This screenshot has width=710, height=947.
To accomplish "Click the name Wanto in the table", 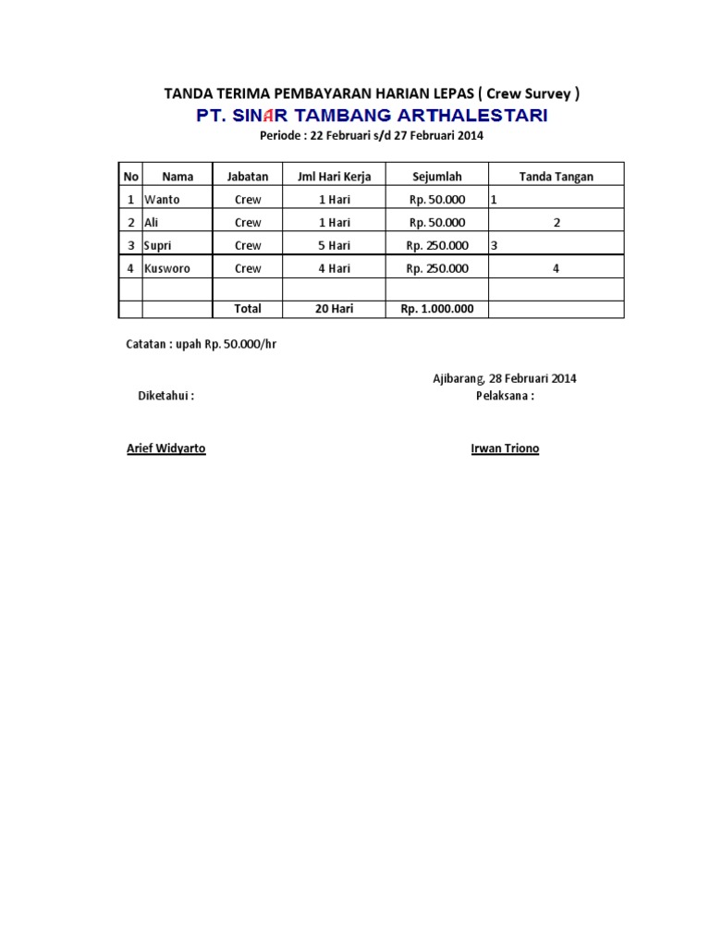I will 162,199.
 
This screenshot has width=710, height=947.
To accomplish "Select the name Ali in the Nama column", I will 152,222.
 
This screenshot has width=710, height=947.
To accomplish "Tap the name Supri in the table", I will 159,245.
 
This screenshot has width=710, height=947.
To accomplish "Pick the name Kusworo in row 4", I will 165,268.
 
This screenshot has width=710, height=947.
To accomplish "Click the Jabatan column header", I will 248,176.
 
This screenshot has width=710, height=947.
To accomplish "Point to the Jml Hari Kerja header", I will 334,176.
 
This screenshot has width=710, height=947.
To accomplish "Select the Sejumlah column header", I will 436,176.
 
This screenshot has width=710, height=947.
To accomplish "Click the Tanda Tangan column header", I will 557,176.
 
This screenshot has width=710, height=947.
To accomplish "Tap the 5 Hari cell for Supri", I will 334,245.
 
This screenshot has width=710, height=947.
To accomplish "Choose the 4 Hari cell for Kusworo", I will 334,268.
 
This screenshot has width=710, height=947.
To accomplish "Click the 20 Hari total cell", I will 334,309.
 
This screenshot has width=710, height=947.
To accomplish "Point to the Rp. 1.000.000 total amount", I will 436,309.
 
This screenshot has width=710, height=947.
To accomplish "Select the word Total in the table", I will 248,309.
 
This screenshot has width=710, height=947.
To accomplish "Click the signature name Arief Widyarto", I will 166,449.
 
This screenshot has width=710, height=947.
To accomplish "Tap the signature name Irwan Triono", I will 505,449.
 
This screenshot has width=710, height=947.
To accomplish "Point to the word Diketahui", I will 165,396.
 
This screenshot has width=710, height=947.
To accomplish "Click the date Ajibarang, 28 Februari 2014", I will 505,378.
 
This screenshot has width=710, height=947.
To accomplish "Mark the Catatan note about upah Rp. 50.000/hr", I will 202,344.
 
